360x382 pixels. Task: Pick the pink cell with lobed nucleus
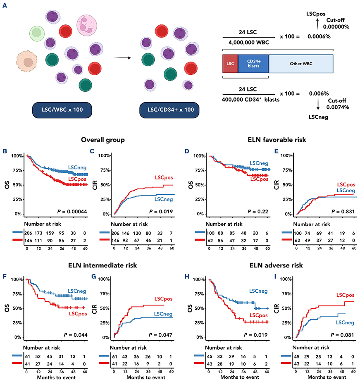[x=86, y=24]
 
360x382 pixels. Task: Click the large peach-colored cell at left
[x=28, y=61]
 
